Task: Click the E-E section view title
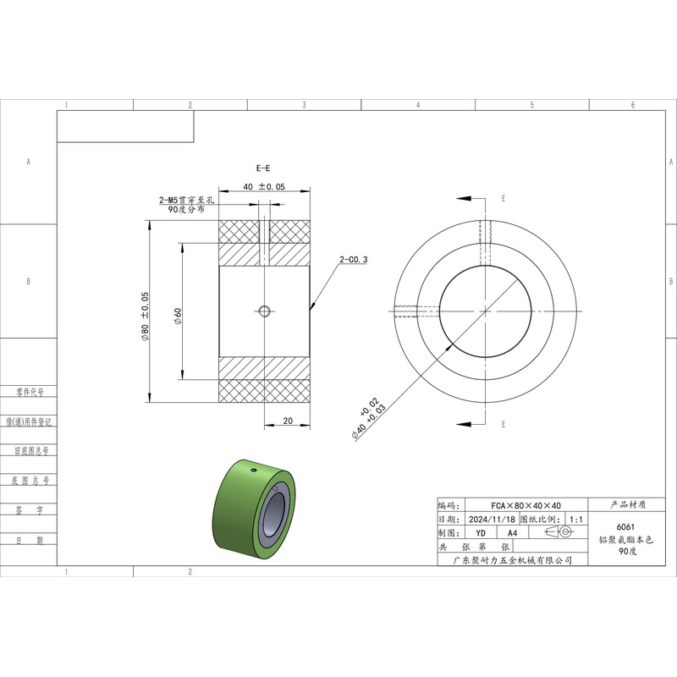click(263, 168)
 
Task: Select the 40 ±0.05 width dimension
click(264, 186)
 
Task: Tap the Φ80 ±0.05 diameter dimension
click(145, 316)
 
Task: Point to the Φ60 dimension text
click(178, 316)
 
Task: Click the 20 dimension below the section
click(288, 421)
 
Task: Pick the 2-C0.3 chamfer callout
click(353, 260)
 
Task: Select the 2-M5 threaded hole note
click(186, 205)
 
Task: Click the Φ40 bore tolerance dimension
click(368, 418)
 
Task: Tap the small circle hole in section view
click(264, 311)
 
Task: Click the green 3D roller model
click(254, 510)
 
